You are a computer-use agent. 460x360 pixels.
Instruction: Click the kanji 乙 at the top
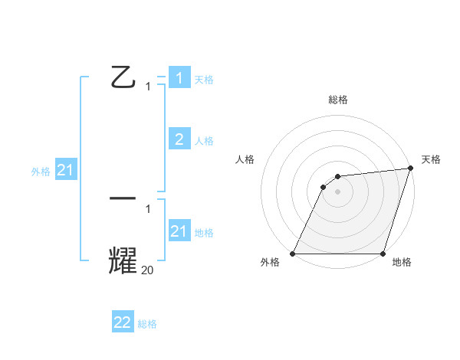pos(123,77)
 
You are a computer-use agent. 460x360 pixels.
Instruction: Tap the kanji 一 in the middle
pos(123,198)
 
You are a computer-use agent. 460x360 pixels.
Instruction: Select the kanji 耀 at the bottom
pos(123,260)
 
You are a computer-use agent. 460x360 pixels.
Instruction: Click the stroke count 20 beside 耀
pos(148,270)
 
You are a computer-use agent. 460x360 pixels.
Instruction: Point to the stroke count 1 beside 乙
pos(148,87)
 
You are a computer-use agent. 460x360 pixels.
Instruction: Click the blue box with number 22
pos(123,322)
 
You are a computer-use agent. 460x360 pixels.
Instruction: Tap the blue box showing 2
pos(179,139)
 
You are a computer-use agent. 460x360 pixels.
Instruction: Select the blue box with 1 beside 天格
pos(179,77)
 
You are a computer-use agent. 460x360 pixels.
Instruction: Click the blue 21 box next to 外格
pos(65,170)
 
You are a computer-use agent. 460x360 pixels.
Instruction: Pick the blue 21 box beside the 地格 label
pos(179,231)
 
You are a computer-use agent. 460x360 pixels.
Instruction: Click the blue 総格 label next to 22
pos(147,324)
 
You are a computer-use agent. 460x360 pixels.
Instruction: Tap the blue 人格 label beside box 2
pos(204,141)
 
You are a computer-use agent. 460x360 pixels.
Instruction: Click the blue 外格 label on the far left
pos(41,172)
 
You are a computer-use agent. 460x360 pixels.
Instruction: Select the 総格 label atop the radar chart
pos(338,100)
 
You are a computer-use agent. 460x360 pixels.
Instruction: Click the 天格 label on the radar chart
pos(431,159)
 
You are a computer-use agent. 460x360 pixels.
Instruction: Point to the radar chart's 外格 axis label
pos(270,262)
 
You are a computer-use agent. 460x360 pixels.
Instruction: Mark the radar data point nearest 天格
pos(411,169)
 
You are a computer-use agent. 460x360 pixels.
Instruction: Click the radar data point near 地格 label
pos(383,254)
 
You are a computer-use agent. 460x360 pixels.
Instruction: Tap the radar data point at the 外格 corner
pos(293,254)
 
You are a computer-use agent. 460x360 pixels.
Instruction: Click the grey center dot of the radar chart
pos(338,191)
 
